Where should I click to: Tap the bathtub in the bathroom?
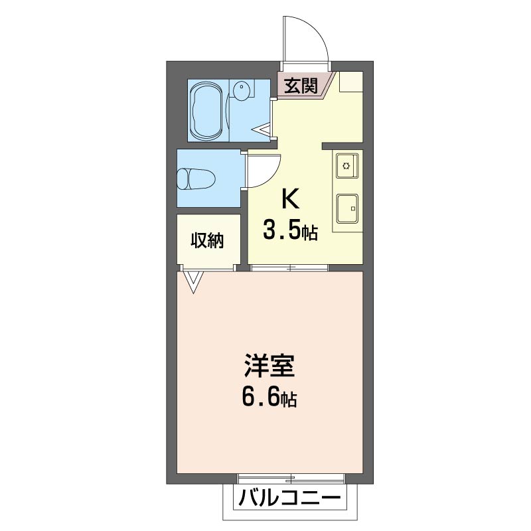[x=207, y=111]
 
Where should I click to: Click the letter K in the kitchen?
[x=290, y=198]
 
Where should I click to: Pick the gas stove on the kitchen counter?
[x=346, y=165]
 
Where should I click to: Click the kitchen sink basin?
[x=346, y=208]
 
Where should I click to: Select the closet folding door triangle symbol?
[x=193, y=281]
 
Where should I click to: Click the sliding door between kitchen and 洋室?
[x=290, y=268]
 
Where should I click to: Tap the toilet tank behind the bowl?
[x=183, y=178]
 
